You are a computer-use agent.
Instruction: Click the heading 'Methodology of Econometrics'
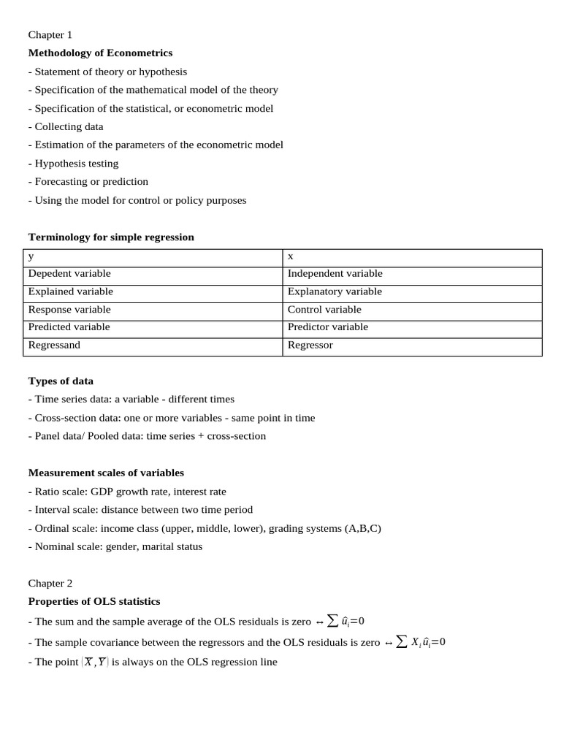(x=100, y=53)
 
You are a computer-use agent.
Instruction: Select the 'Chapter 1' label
(x=50, y=34)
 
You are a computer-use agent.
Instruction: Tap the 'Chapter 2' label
(x=50, y=583)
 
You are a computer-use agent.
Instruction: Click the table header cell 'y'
(x=31, y=256)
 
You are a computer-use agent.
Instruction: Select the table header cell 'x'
(x=291, y=256)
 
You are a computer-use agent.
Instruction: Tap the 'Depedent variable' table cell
(x=69, y=273)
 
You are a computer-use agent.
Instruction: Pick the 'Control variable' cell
(x=324, y=309)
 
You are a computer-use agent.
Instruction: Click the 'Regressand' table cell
(x=54, y=345)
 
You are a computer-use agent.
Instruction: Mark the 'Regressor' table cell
(x=310, y=345)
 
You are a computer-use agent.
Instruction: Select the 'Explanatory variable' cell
(x=335, y=291)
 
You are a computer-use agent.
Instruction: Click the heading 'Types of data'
(x=61, y=381)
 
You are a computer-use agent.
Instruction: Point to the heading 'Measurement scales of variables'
(x=106, y=473)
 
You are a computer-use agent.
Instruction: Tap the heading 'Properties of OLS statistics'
(x=93, y=601)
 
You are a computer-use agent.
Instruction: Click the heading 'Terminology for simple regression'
(x=111, y=237)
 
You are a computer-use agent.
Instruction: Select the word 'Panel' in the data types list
(x=48, y=436)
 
